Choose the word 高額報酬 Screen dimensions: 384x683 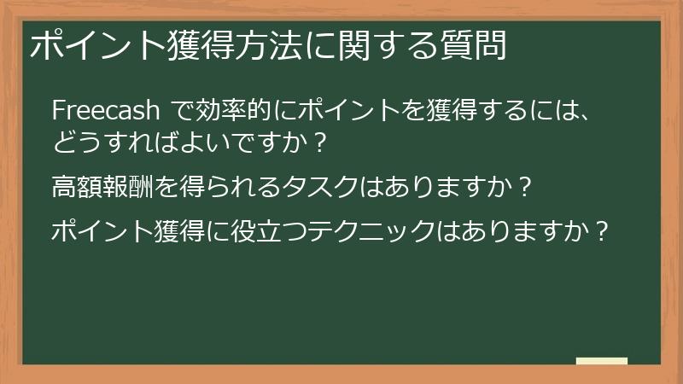[x=99, y=186]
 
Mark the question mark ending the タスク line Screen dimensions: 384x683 [x=526, y=186]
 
